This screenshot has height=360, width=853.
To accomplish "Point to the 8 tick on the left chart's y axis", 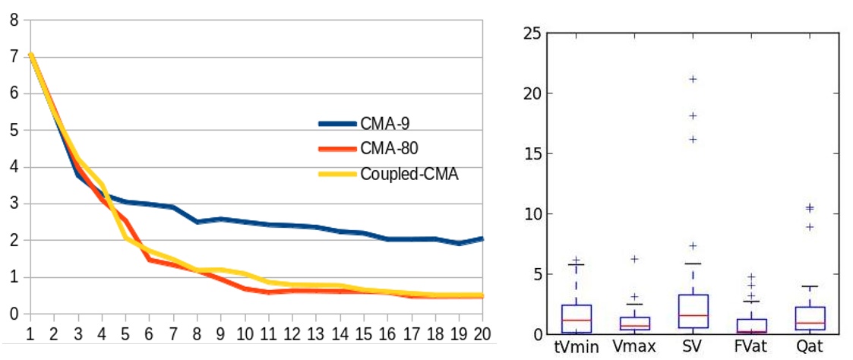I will (x=14, y=21).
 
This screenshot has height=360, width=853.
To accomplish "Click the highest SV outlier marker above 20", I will (x=693, y=79).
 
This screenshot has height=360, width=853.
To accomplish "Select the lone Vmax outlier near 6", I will (x=634, y=259).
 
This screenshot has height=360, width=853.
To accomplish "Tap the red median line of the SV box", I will (x=693, y=315).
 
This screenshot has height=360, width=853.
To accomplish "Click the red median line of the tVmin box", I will (x=576, y=320).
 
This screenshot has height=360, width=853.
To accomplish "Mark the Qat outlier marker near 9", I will (x=809, y=227).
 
